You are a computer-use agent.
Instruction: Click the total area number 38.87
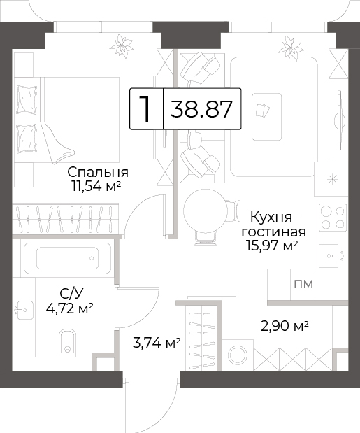pyautogui.click(x=201, y=109)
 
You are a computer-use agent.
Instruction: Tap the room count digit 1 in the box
pyautogui.click(x=145, y=109)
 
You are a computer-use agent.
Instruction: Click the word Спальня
pyautogui.click(x=98, y=173)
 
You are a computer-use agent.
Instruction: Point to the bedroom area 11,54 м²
pyautogui.click(x=96, y=186)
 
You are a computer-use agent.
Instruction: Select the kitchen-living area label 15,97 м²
pyautogui.click(x=273, y=246)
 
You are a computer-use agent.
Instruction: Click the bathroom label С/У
pyautogui.click(x=71, y=294)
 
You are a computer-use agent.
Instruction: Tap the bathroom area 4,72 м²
pyautogui.click(x=69, y=308)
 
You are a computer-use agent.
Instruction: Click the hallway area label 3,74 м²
pyautogui.click(x=157, y=343)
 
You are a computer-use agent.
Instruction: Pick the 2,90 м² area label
pyautogui.click(x=285, y=326)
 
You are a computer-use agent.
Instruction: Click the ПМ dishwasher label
pyautogui.click(x=303, y=284)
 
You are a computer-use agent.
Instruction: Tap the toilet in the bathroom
pyautogui.click(x=67, y=341)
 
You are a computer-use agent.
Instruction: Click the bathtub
pyautogui.click(x=67, y=258)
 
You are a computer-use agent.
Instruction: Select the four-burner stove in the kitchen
pyautogui.click(x=333, y=217)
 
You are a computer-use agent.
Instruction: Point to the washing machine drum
pyautogui.click(x=238, y=355)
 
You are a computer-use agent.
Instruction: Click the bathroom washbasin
pyautogui.click(x=23, y=310)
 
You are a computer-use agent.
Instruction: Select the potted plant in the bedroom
pyautogui.click(x=122, y=46)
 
